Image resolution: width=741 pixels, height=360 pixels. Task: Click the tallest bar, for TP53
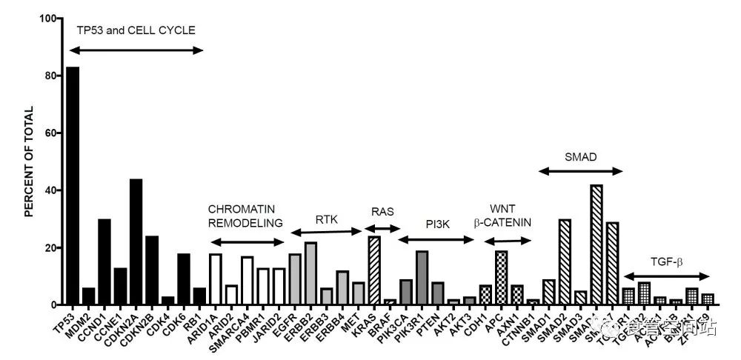73,185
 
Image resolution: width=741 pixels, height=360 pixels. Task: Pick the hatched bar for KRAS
374,270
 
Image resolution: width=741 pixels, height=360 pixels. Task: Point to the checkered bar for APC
501,278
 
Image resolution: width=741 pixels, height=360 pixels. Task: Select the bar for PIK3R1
422,278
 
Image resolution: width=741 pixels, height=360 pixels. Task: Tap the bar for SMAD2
565,262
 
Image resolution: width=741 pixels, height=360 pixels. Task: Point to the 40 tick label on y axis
49,190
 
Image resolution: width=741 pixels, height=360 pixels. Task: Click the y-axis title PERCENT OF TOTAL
30,161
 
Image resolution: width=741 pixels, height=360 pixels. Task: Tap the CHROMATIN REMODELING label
245,216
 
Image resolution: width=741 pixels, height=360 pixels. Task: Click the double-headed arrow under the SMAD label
580,171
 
